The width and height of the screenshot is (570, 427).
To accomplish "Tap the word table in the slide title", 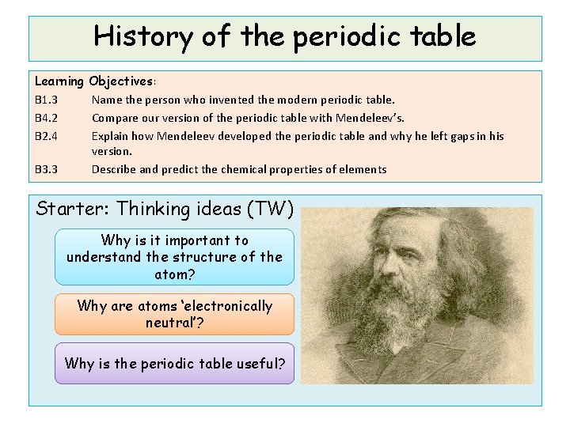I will click(438, 36).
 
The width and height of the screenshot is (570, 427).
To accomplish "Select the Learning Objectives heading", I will click(94, 81).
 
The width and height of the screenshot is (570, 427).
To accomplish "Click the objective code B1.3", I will click(46, 100).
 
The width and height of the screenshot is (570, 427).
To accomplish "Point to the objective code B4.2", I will click(46, 118).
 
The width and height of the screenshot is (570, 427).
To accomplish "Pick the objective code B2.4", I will click(46, 136).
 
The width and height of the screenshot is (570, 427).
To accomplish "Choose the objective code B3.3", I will click(46, 169).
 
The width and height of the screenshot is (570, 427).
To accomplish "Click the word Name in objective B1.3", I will click(105, 100).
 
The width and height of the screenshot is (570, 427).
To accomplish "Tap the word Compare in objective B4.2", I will click(114, 118).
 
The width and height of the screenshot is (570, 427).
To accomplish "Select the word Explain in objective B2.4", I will click(109, 136).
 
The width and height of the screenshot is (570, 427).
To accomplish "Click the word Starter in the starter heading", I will click(73, 210).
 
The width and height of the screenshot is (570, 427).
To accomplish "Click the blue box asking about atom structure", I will click(174, 257).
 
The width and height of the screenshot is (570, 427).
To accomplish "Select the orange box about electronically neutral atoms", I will click(174, 315).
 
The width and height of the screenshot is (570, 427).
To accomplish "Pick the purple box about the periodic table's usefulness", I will click(174, 364).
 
